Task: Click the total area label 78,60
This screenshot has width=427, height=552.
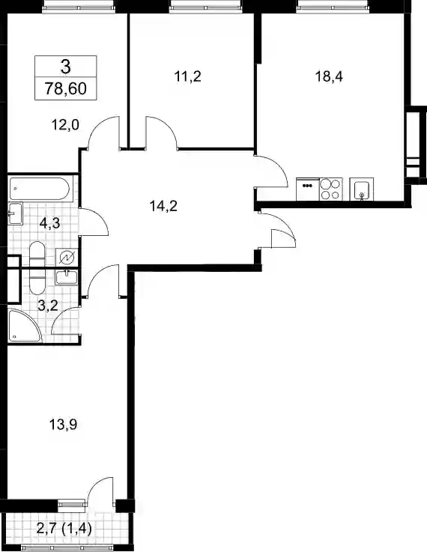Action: (x=65, y=88)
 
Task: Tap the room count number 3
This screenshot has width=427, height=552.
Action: (x=65, y=67)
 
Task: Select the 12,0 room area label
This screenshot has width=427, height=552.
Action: (x=65, y=124)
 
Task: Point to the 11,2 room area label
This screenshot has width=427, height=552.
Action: (x=187, y=76)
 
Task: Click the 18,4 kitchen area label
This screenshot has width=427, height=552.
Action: (x=329, y=76)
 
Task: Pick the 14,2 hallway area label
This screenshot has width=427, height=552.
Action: (x=163, y=206)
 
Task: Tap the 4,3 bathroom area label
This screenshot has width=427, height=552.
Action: (x=49, y=223)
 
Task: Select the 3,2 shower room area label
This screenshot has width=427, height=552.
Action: (x=48, y=306)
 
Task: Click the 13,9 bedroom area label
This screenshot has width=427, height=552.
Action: (x=63, y=425)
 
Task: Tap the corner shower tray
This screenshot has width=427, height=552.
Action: (x=23, y=326)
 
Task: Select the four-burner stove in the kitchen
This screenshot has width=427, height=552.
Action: (x=330, y=189)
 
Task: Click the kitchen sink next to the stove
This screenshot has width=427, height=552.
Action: (x=362, y=189)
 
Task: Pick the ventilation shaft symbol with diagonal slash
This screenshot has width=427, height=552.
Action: (x=67, y=258)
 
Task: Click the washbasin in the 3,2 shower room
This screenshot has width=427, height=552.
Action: (x=67, y=277)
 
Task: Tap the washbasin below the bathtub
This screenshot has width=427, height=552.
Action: (x=15, y=213)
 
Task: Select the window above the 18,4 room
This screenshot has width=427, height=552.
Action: (x=333, y=6)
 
